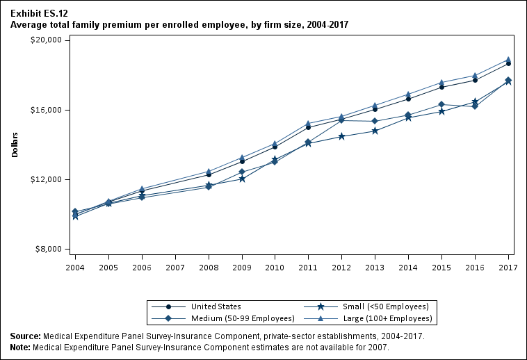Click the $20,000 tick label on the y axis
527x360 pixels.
coord(48,40)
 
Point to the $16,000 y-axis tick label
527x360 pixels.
coord(48,110)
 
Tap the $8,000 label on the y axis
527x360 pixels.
coord(50,249)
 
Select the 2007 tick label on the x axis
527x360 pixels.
coord(175,266)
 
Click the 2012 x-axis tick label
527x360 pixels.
coord(341,266)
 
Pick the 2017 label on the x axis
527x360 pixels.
coord(508,266)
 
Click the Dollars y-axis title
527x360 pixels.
coord(15,145)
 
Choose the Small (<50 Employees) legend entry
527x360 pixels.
coord(368,306)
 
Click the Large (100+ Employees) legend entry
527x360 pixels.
coord(368,318)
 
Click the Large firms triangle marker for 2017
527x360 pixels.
coord(508,60)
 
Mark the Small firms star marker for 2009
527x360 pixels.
coord(242,179)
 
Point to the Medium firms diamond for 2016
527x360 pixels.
coord(475,106)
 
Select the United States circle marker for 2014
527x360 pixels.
coord(408,99)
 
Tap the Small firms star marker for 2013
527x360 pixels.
coord(375,131)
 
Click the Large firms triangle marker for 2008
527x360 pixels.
coord(209,171)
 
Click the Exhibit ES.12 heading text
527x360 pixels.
coord(40,13)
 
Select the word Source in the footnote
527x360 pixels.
coord(26,336)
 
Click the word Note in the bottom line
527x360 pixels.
coord(21,347)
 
